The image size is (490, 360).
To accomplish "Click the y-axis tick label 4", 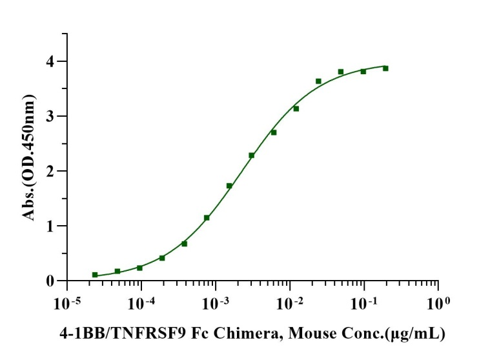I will tap(50, 61).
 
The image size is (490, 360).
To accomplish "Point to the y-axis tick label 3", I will tap(50, 116).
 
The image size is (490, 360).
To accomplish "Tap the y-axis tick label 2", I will tap(50, 171).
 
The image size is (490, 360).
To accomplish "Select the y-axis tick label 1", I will tap(50, 226).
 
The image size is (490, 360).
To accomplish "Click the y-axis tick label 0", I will tap(50, 281).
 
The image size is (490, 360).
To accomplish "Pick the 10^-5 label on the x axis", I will tap(66, 302).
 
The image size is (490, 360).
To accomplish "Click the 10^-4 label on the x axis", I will tap(140, 302).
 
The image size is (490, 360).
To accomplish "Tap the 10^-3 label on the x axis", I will tap(215, 302).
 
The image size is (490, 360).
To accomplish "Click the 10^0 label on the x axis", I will tap(439, 302).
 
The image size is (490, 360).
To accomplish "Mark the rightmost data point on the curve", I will tap(385, 68).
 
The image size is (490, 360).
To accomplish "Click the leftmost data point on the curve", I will tap(95, 275).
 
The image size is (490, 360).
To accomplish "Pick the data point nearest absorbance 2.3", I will tap(252, 155).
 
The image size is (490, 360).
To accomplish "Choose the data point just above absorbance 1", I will tap(207, 217).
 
